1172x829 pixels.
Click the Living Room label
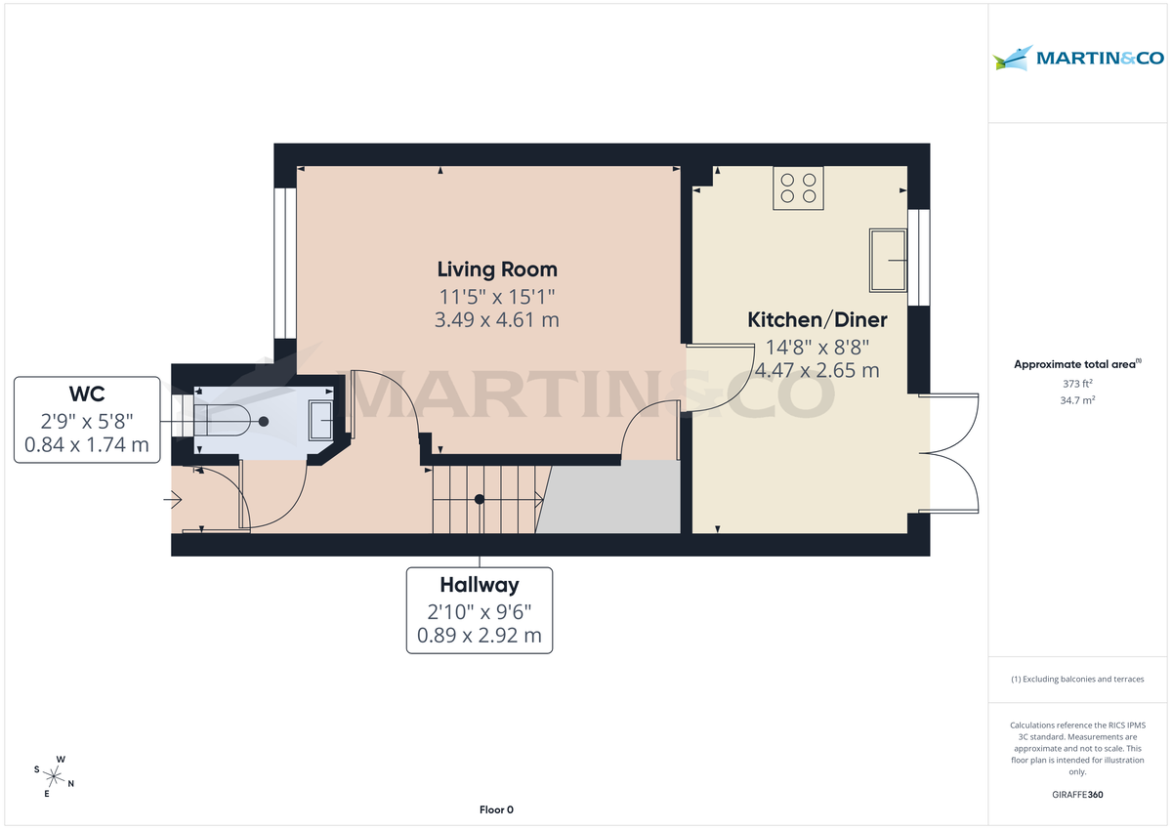pos(496,269)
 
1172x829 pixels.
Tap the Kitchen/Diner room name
pos(816,319)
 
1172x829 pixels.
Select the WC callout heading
pos(87,394)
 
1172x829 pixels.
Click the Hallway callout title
pos(479,585)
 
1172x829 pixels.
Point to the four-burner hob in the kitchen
pos(798,187)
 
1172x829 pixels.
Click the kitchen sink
pos(888,260)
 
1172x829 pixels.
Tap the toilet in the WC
pos(229,422)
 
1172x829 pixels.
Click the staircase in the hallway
pos(485,499)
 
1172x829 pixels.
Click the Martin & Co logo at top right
pos(1078,58)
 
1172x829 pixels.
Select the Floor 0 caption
pos(496,809)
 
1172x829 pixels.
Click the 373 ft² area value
pos(1077,384)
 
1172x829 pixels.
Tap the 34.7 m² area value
pos(1077,400)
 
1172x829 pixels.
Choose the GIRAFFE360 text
pos(1077,795)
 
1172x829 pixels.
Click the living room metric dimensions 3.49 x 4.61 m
pos(496,319)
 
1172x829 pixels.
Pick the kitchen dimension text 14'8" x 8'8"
pos(816,346)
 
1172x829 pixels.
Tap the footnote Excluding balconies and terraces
pos(1077,679)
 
